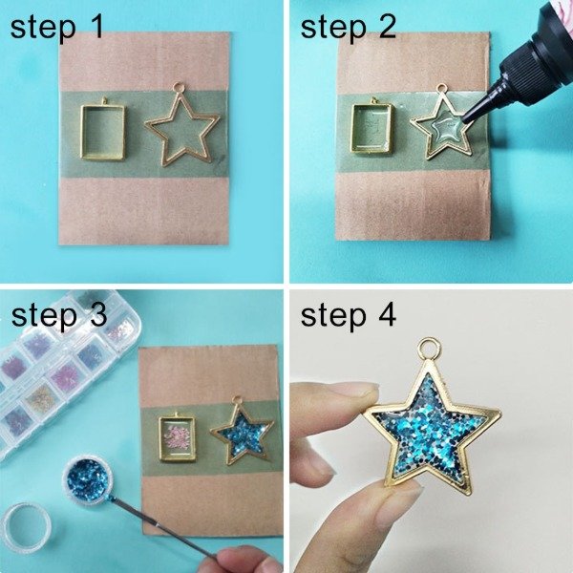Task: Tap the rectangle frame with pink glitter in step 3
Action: pos(175,435)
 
